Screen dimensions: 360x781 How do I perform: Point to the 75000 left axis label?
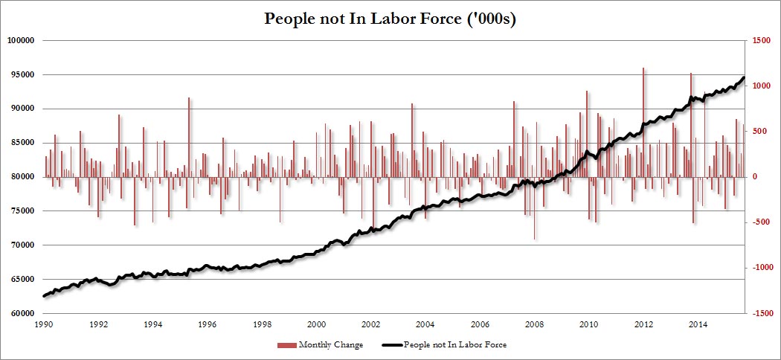coord(23,211)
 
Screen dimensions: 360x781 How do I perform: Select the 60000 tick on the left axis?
coord(23,313)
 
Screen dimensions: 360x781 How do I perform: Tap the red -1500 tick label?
coord(760,313)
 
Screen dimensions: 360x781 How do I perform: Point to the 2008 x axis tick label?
coord(534,325)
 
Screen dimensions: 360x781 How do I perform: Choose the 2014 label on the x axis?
coord(697,325)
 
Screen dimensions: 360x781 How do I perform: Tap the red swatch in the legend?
coord(286,345)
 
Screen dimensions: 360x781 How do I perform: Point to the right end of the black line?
coord(744,77)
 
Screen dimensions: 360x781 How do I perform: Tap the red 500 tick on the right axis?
coord(757,132)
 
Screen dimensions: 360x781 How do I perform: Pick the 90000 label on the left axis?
coord(23,109)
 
